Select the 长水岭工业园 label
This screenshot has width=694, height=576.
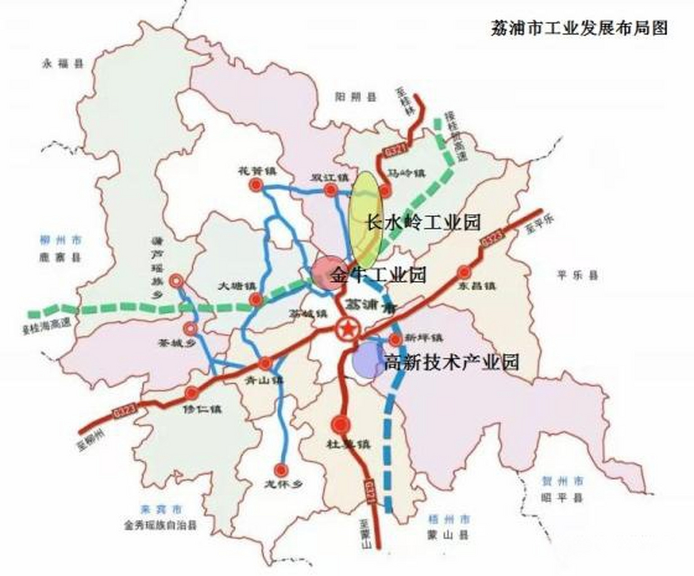pos(424,222)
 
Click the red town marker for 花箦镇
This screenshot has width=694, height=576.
pos(257,185)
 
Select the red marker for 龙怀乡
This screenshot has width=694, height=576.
pos(282,470)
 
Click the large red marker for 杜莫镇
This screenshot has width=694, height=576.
pos(341,424)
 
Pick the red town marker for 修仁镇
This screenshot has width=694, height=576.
pos(192,393)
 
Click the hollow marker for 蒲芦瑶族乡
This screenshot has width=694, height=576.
pos(176,281)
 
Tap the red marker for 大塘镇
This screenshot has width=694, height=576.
pos(257,299)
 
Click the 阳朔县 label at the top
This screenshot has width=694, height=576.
pos(356,97)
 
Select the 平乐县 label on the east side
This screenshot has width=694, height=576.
pos(578,275)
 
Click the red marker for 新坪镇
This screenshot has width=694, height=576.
pos(395,340)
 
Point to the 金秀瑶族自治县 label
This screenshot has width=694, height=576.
pos(160,525)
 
